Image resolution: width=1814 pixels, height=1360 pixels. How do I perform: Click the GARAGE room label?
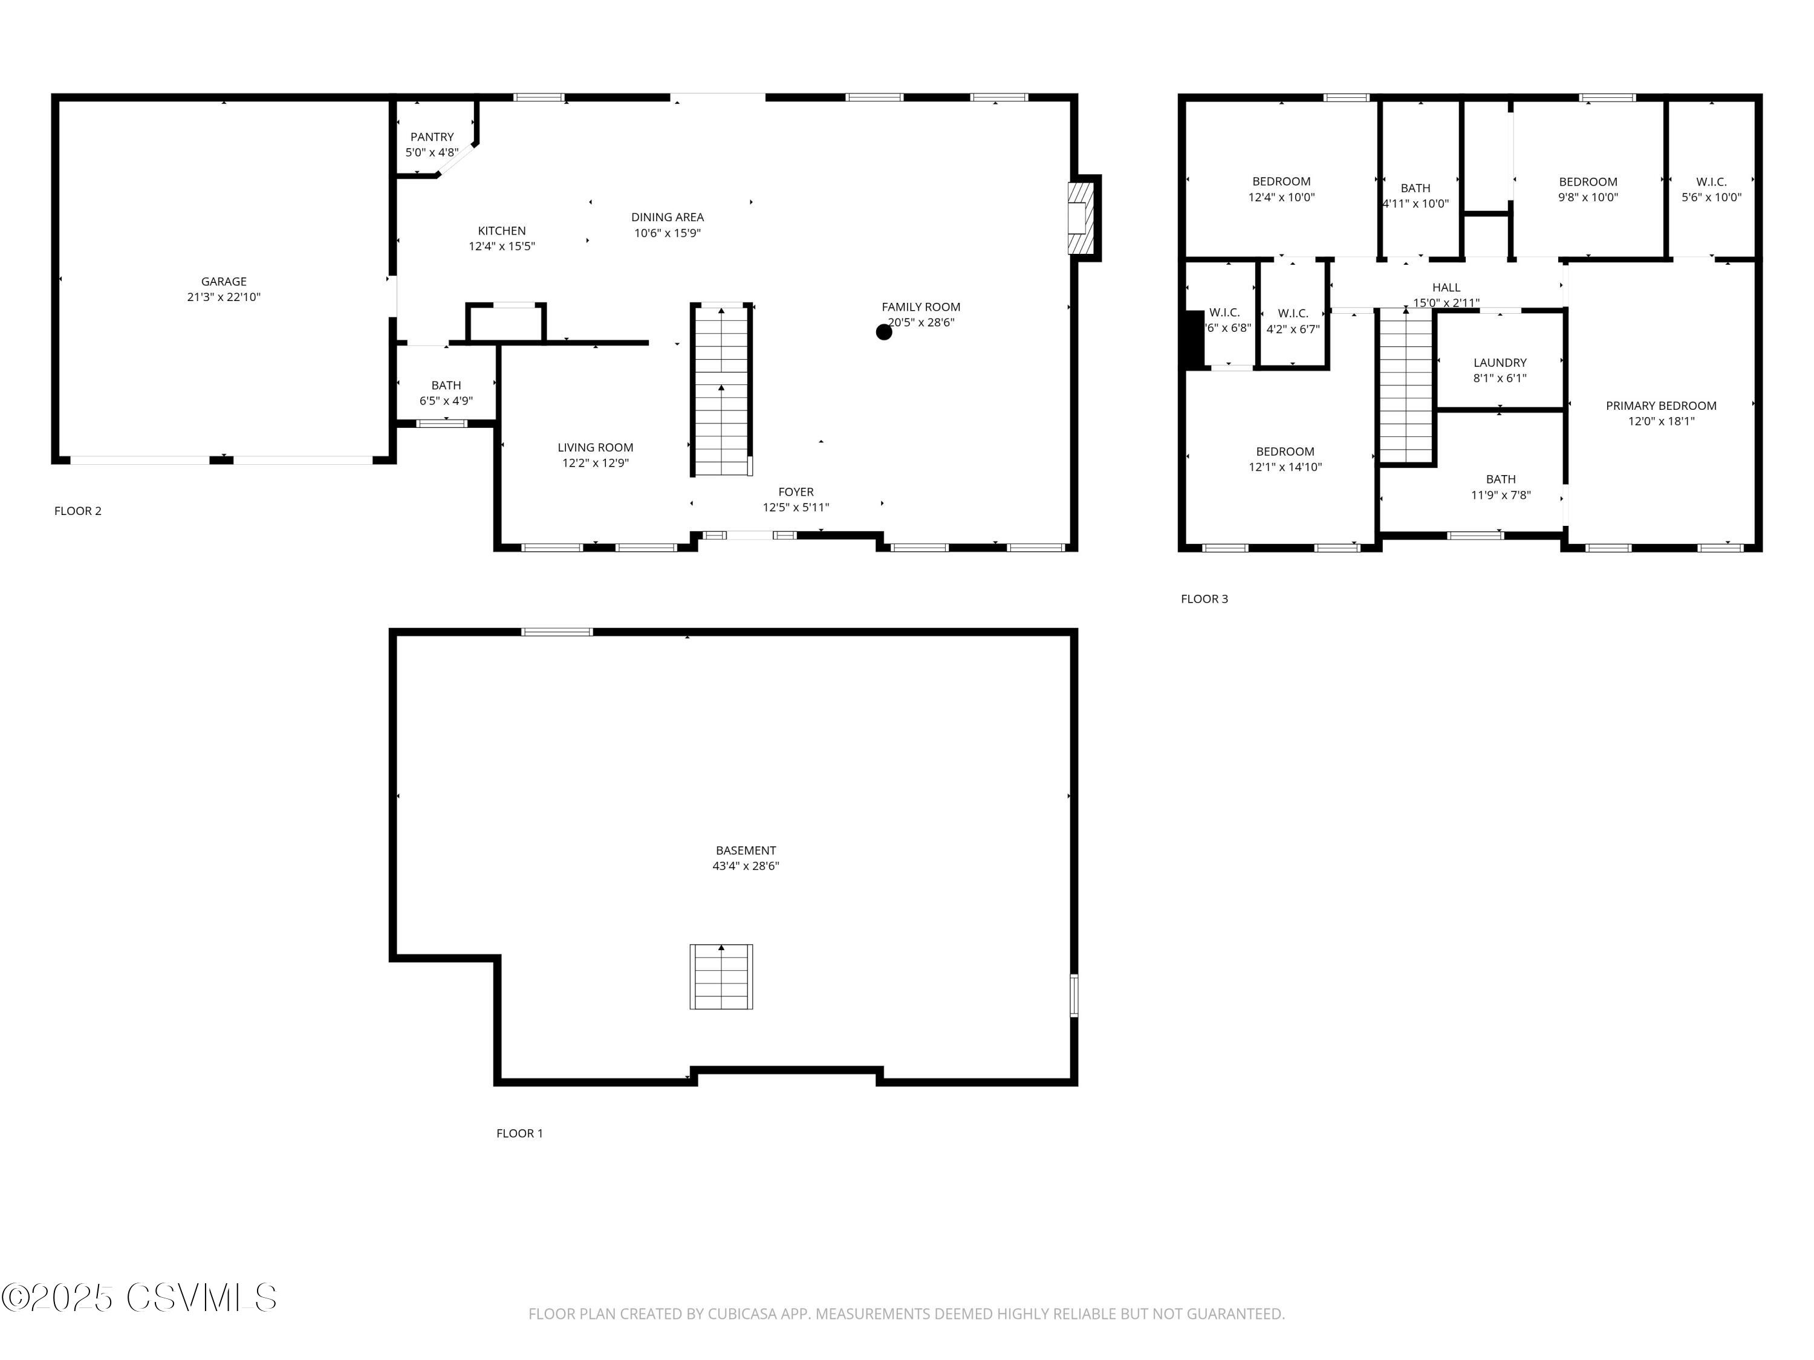coord(223,281)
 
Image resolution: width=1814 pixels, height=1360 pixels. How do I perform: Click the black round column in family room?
coord(883,332)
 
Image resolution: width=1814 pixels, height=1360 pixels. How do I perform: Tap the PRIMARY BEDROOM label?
coord(1660,406)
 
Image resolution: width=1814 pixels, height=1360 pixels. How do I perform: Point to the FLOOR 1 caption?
coord(519,1133)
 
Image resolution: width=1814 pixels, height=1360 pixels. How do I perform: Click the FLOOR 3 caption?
coord(1204,598)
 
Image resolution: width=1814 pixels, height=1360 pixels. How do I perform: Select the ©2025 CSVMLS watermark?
coord(140,1298)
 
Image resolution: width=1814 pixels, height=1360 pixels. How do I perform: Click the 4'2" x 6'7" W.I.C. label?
coord(1292,322)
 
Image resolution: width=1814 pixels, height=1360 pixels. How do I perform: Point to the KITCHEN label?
coord(501,231)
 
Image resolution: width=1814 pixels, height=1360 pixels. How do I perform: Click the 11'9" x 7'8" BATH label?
coord(1500,487)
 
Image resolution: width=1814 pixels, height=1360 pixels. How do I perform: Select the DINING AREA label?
coord(667,217)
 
